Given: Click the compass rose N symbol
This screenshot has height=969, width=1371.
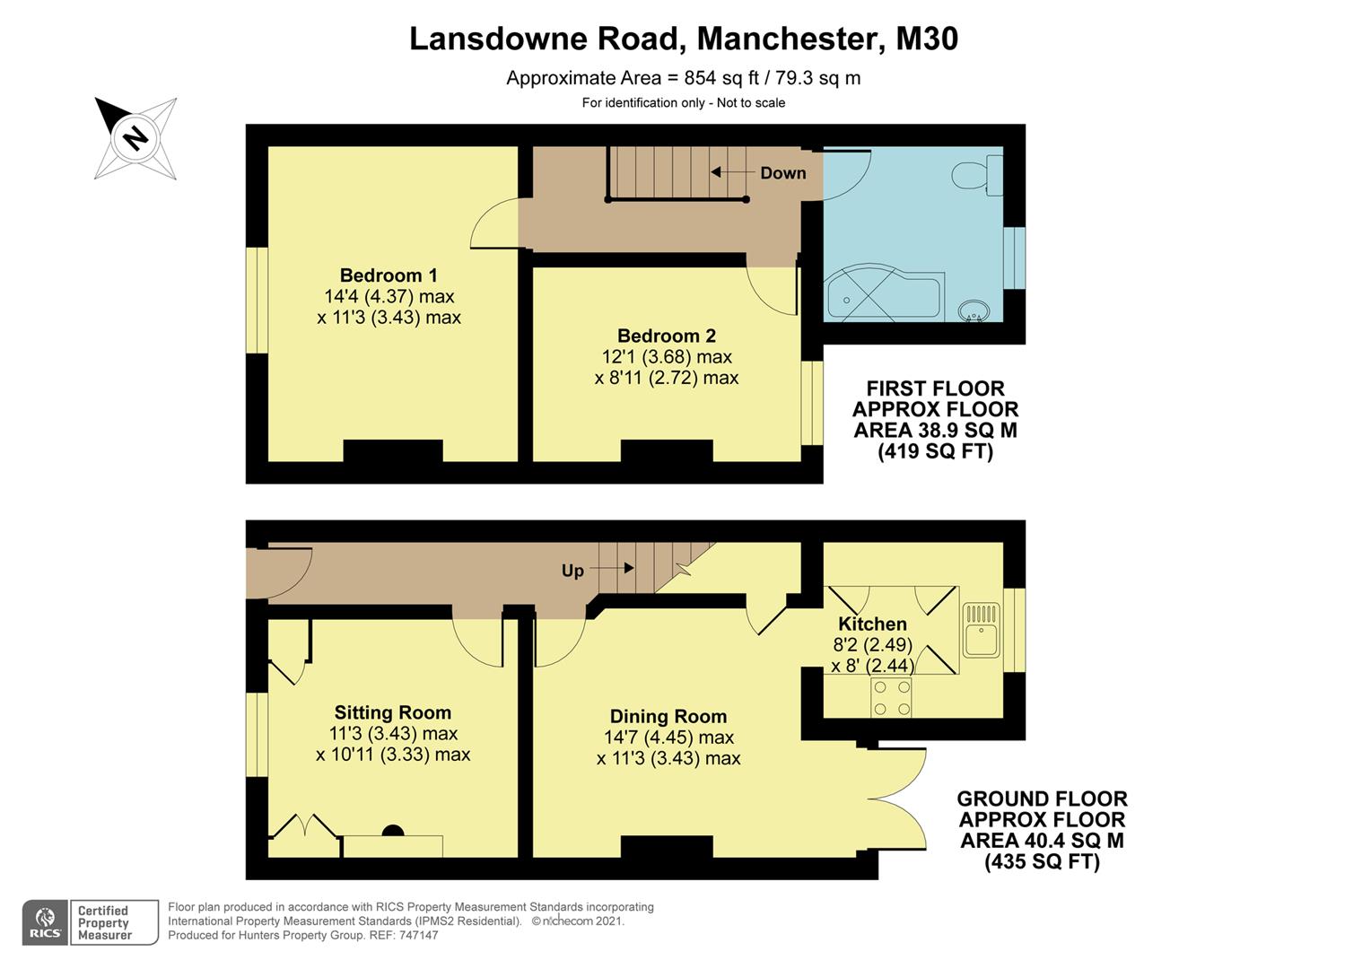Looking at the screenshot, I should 135,138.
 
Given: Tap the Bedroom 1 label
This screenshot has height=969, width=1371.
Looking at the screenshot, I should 389,275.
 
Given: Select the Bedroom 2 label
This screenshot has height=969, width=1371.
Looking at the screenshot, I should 667,336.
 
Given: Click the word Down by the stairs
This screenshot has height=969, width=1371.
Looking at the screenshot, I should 782,173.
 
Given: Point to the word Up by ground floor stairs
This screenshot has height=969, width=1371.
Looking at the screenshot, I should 572,571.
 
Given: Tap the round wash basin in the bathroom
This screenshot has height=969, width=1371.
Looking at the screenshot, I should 974,311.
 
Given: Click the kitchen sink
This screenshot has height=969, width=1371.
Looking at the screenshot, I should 981,631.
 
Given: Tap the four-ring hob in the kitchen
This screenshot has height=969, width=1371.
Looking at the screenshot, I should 892,697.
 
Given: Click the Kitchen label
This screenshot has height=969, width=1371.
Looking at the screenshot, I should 872,624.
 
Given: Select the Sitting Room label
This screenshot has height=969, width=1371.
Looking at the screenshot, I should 393,713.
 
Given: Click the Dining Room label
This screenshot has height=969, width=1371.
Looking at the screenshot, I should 668,717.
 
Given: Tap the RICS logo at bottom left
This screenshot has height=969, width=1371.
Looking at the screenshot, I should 44,922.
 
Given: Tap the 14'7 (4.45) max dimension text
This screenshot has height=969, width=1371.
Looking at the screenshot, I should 668,738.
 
